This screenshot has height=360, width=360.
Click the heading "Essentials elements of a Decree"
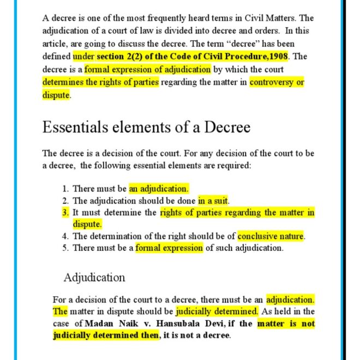(x=146, y=128)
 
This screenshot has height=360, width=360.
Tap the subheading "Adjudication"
(x=94, y=277)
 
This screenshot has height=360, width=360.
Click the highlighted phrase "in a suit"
(x=213, y=201)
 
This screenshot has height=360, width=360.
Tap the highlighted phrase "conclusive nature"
(x=271, y=236)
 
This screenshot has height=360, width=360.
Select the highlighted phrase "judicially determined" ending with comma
(x=217, y=311)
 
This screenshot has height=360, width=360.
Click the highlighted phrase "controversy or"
(x=277, y=82)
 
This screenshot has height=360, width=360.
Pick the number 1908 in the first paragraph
(x=278, y=56)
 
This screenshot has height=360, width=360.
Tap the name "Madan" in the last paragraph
(x=99, y=323)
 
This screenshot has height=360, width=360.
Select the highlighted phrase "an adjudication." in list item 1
(x=159, y=189)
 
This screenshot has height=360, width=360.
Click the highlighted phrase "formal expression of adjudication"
(x=147, y=69)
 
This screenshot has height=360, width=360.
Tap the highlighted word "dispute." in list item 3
(x=87, y=224)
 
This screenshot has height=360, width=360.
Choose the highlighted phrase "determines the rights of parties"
(x=101, y=82)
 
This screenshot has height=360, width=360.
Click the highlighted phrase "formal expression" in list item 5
(x=169, y=248)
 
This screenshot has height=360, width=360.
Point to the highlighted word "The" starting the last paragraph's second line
(x=60, y=311)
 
